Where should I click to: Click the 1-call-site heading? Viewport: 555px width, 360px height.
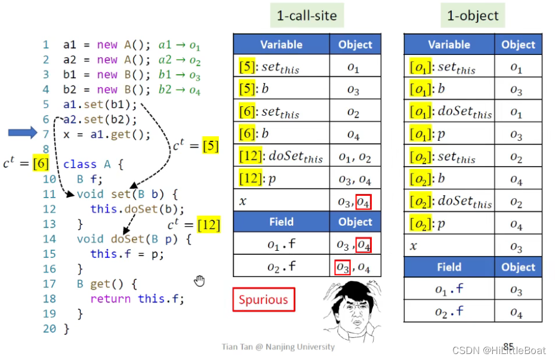click(x=307, y=16)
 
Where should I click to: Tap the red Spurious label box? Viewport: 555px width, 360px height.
click(x=263, y=300)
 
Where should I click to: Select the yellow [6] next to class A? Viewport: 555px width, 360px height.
click(x=41, y=163)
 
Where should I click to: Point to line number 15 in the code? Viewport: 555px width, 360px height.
click(x=49, y=254)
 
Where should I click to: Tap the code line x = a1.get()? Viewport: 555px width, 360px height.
click(x=107, y=134)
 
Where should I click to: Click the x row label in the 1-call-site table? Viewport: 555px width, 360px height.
click(x=243, y=201)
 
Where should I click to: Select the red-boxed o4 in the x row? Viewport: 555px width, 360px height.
click(x=363, y=202)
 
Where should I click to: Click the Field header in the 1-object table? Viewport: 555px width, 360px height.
click(x=449, y=267)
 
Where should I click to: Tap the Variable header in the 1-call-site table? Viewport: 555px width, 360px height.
click(x=281, y=45)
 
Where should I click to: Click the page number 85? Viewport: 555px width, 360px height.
click(x=508, y=346)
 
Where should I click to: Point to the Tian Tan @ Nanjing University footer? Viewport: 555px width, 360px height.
click(x=278, y=347)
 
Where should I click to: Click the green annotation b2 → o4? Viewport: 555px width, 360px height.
click(x=178, y=90)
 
